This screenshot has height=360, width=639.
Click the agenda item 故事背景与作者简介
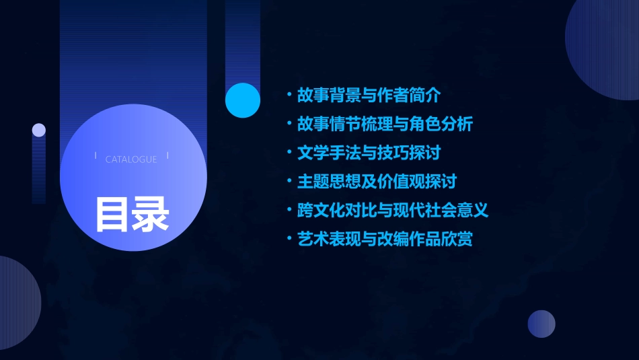pos(369,96)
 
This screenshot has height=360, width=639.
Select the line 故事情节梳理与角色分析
pos(385,124)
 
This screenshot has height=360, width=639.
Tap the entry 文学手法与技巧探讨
pos(369,153)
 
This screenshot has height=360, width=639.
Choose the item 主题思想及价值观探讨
pos(377,182)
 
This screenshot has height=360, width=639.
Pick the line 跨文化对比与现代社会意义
pos(393,210)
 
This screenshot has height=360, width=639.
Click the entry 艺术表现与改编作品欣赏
pos(385,239)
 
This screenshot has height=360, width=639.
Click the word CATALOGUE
pos(131,159)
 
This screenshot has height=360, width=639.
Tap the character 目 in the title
pos(113,215)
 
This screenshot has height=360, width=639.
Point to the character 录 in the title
pos(151,215)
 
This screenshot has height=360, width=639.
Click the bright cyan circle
pos(243,100)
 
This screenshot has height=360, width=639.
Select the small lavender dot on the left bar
pos(39,130)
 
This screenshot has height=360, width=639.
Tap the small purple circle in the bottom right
pos(541,324)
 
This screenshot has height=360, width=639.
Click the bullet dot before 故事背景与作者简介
pos(289,96)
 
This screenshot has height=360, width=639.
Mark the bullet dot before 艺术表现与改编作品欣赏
pos(289,239)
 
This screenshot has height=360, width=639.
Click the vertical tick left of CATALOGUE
pos(96,156)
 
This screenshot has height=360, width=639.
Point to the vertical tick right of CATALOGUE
pos(167,156)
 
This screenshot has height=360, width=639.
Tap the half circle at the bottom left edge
pos(17,303)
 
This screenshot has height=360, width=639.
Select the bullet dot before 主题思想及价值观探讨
pos(289,182)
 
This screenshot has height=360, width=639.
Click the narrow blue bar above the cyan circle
pos(243,40)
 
